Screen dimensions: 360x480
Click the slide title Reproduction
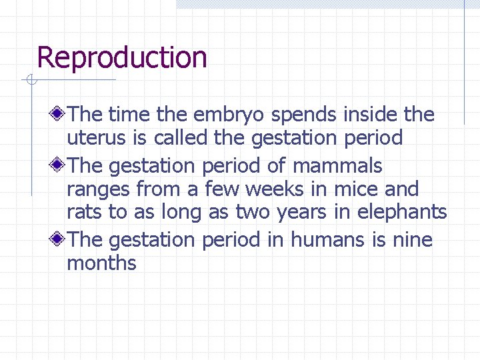coord(122,57)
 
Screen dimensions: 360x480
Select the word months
coord(101,263)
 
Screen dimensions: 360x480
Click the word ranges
coord(99,190)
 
